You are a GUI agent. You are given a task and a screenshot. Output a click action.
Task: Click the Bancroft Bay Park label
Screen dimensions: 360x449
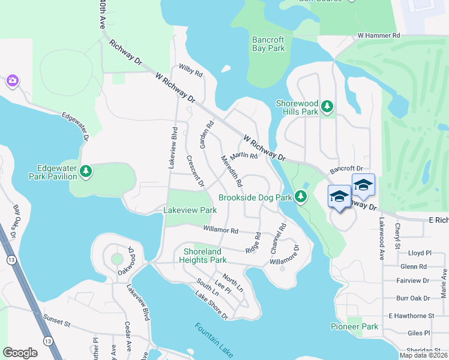click(x=268, y=44)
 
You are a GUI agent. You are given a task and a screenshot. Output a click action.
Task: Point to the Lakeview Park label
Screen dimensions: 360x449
click(x=190, y=211)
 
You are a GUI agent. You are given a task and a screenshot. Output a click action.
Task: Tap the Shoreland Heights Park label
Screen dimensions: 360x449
click(x=203, y=256)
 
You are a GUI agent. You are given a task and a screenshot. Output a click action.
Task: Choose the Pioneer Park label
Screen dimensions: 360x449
click(x=355, y=326)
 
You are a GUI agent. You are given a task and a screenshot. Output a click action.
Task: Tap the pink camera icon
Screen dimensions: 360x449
click(x=11, y=80)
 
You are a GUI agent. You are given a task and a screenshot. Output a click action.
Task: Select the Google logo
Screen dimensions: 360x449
click(x=20, y=353)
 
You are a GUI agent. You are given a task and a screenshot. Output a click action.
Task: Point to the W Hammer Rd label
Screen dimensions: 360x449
click(x=378, y=36)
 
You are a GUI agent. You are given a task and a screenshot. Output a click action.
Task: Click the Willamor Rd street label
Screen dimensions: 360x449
click(x=221, y=230)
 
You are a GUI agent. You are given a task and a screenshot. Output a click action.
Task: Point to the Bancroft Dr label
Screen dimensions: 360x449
click(x=347, y=170)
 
